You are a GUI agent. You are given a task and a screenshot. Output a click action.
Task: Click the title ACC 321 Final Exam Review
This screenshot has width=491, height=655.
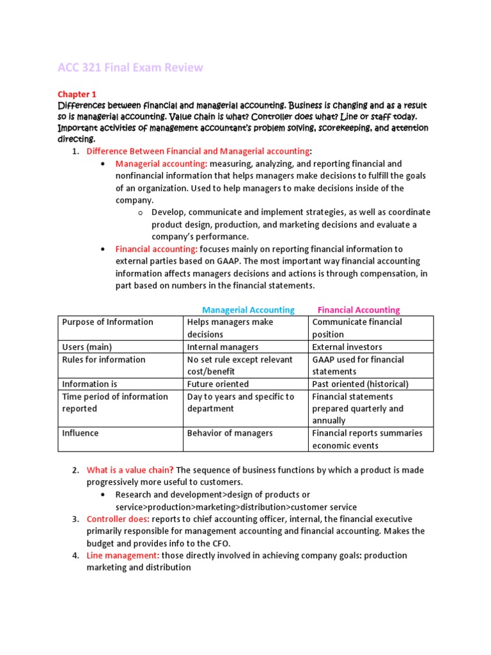[x=130, y=67]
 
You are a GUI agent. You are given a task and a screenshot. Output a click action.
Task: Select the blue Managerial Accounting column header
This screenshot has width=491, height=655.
[x=248, y=310]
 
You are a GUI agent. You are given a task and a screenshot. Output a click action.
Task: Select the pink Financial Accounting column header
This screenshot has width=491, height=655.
[x=359, y=310]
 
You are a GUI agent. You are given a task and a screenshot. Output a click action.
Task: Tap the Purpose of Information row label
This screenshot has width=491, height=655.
[x=107, y=322]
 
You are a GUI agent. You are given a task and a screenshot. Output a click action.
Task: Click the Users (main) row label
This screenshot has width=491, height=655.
[x=87, y=347]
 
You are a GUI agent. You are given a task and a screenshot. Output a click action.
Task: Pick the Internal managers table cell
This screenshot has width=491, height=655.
[x=222, y=347]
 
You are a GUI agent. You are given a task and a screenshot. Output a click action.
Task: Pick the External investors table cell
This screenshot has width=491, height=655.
[x=347, y=347]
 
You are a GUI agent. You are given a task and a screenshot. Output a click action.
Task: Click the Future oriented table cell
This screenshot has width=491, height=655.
[x=218, y=384]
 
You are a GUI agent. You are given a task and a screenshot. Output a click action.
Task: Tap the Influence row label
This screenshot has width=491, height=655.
[x=80, y=433]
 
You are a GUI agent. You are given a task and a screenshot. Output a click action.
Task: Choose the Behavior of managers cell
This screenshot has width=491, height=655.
[x=230, y=433]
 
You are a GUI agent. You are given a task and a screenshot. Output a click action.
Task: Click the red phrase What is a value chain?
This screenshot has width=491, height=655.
[x=130, y=470]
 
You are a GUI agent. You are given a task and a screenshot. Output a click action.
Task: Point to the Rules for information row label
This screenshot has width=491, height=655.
[x=103, y=359]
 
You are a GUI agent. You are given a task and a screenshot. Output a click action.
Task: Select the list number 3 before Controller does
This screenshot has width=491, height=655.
[x=75, y=519]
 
